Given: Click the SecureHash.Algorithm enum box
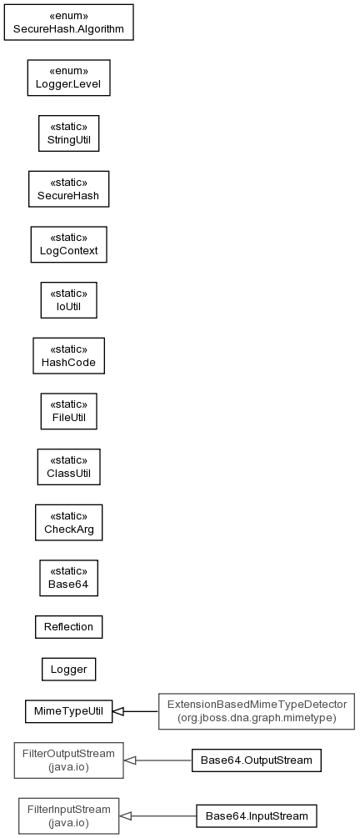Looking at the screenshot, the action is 68,23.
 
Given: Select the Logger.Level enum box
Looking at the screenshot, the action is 68,78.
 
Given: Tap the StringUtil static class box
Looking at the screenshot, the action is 68,133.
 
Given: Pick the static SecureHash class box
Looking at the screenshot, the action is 68,189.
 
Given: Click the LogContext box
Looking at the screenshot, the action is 68,245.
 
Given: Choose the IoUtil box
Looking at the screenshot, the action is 68,300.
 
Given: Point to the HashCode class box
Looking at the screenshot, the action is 68,356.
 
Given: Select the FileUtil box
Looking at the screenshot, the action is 68,412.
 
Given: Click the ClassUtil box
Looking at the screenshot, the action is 68,467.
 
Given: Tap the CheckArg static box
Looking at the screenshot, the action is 68,523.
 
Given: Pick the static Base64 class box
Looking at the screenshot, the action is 68,579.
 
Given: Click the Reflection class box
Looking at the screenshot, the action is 68,627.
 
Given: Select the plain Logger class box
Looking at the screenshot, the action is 68,669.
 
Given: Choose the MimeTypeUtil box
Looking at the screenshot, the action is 68,711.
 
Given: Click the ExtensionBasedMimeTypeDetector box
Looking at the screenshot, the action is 257,711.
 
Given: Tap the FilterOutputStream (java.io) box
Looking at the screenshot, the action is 68,760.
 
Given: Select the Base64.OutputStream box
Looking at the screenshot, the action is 257,760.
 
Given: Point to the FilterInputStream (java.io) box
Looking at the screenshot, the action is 68,816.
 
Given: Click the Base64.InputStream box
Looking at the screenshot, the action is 257,816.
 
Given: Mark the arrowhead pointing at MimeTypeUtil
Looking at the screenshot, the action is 118,711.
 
